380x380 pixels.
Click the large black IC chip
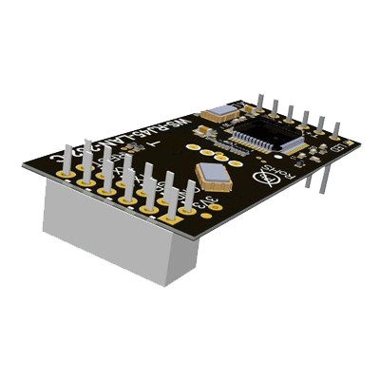pyautogui.click(x=262, y=132)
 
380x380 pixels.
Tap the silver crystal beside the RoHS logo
pyautogui.click(x=210, y=172)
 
